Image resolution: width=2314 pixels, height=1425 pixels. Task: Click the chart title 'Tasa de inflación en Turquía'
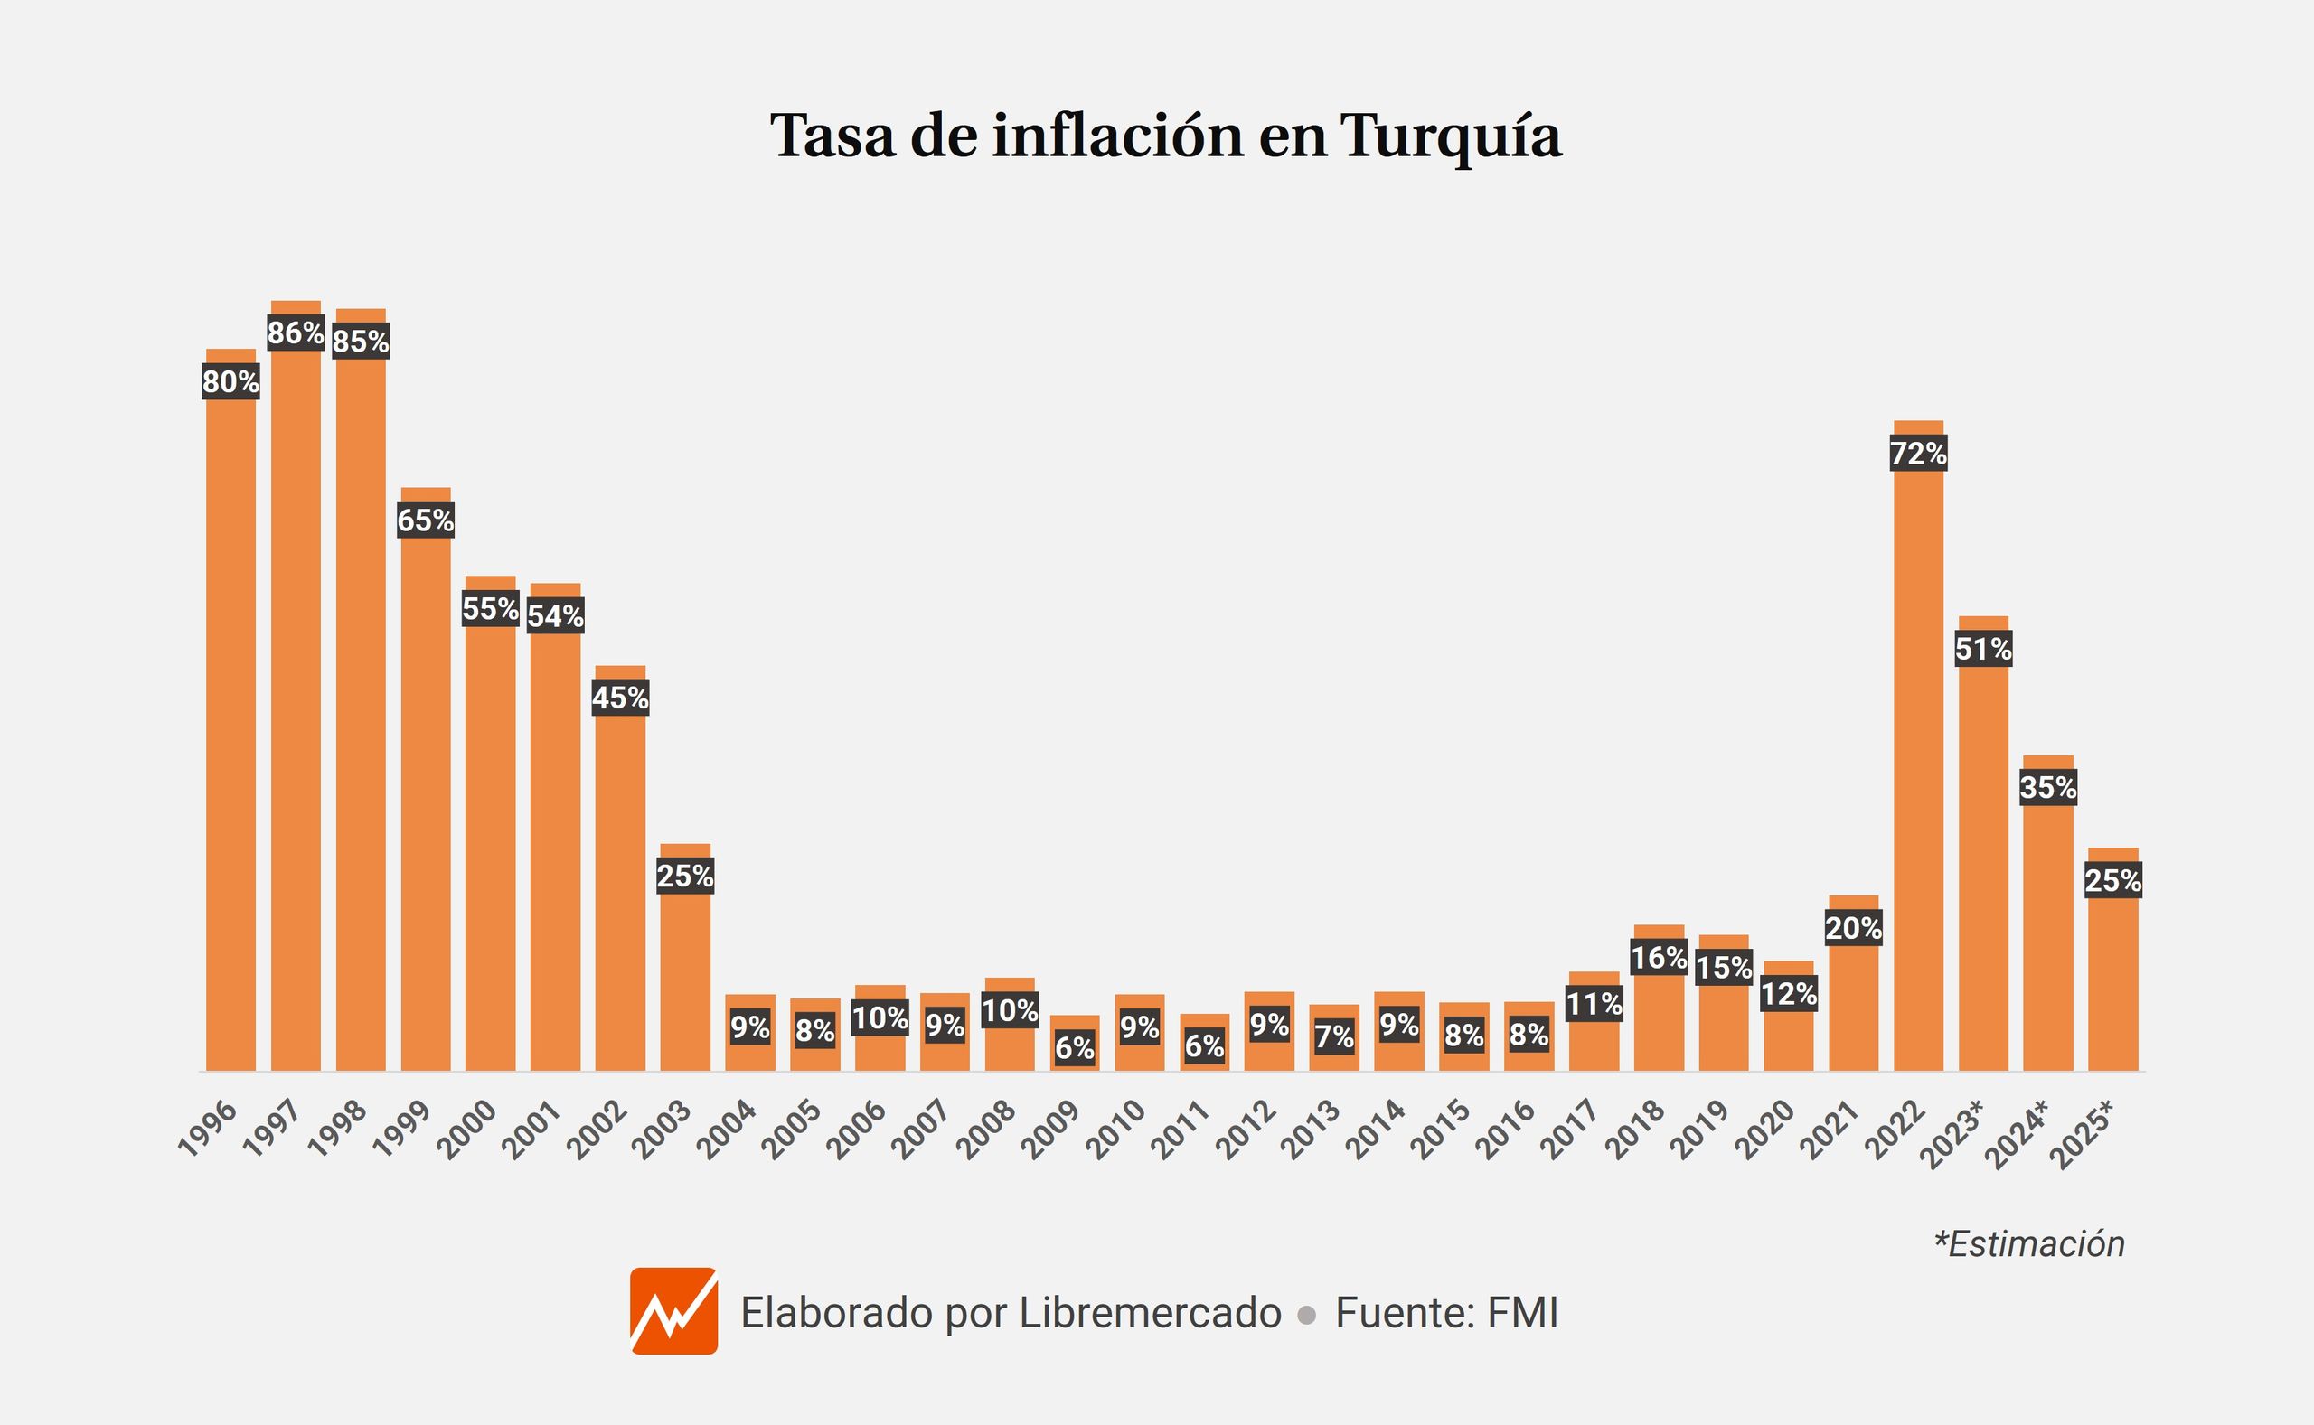click(1166, 135)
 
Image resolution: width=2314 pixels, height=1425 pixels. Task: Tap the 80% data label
click(230, 381)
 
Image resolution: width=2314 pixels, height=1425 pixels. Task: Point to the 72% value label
click(1918, 455)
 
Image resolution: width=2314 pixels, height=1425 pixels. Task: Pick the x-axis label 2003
click(663, 1130)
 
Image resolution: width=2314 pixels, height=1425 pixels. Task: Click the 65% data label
click(426, 520)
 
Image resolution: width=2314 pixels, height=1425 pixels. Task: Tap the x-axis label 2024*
click(2018, 1134)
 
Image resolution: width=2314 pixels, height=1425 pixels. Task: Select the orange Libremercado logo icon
click(674, 1311)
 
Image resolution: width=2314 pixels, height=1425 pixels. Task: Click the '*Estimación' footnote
click(2028, 1244)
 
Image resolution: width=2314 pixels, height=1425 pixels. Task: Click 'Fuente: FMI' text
click(1447, 1313)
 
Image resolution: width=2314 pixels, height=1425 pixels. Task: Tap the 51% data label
click(1983, 650)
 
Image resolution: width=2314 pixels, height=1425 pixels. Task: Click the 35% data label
click(2048, 788)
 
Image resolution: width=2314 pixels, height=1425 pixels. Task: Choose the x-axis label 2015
click(1441, 1130)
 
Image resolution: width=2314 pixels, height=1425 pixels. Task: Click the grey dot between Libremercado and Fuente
click(1306, 1315)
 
